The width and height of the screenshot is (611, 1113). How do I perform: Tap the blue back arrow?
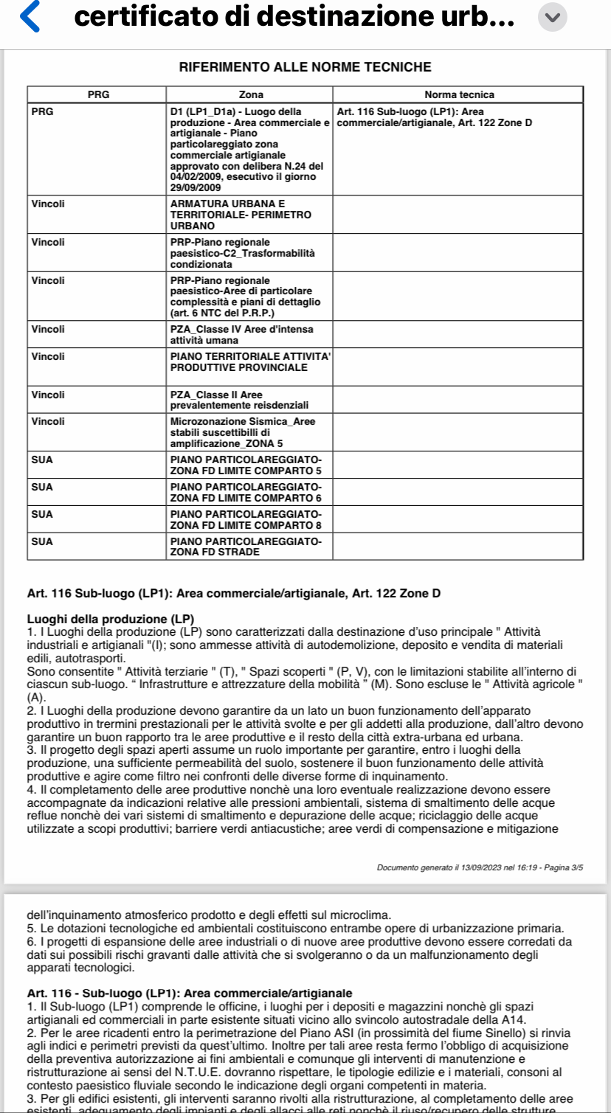30,18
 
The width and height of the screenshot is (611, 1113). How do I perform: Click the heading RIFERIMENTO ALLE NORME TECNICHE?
305,67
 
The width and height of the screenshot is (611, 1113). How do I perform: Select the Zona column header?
251,94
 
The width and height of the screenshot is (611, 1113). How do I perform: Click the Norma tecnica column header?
459,94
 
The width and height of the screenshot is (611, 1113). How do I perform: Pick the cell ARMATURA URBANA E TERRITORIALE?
241,215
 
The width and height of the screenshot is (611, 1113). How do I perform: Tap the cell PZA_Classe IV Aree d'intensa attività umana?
241,334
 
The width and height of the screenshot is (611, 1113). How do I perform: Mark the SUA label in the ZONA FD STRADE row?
42,541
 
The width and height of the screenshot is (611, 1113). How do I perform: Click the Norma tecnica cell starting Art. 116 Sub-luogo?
434,117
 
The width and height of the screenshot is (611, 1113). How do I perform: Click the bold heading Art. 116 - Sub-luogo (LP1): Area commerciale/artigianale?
189,993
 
